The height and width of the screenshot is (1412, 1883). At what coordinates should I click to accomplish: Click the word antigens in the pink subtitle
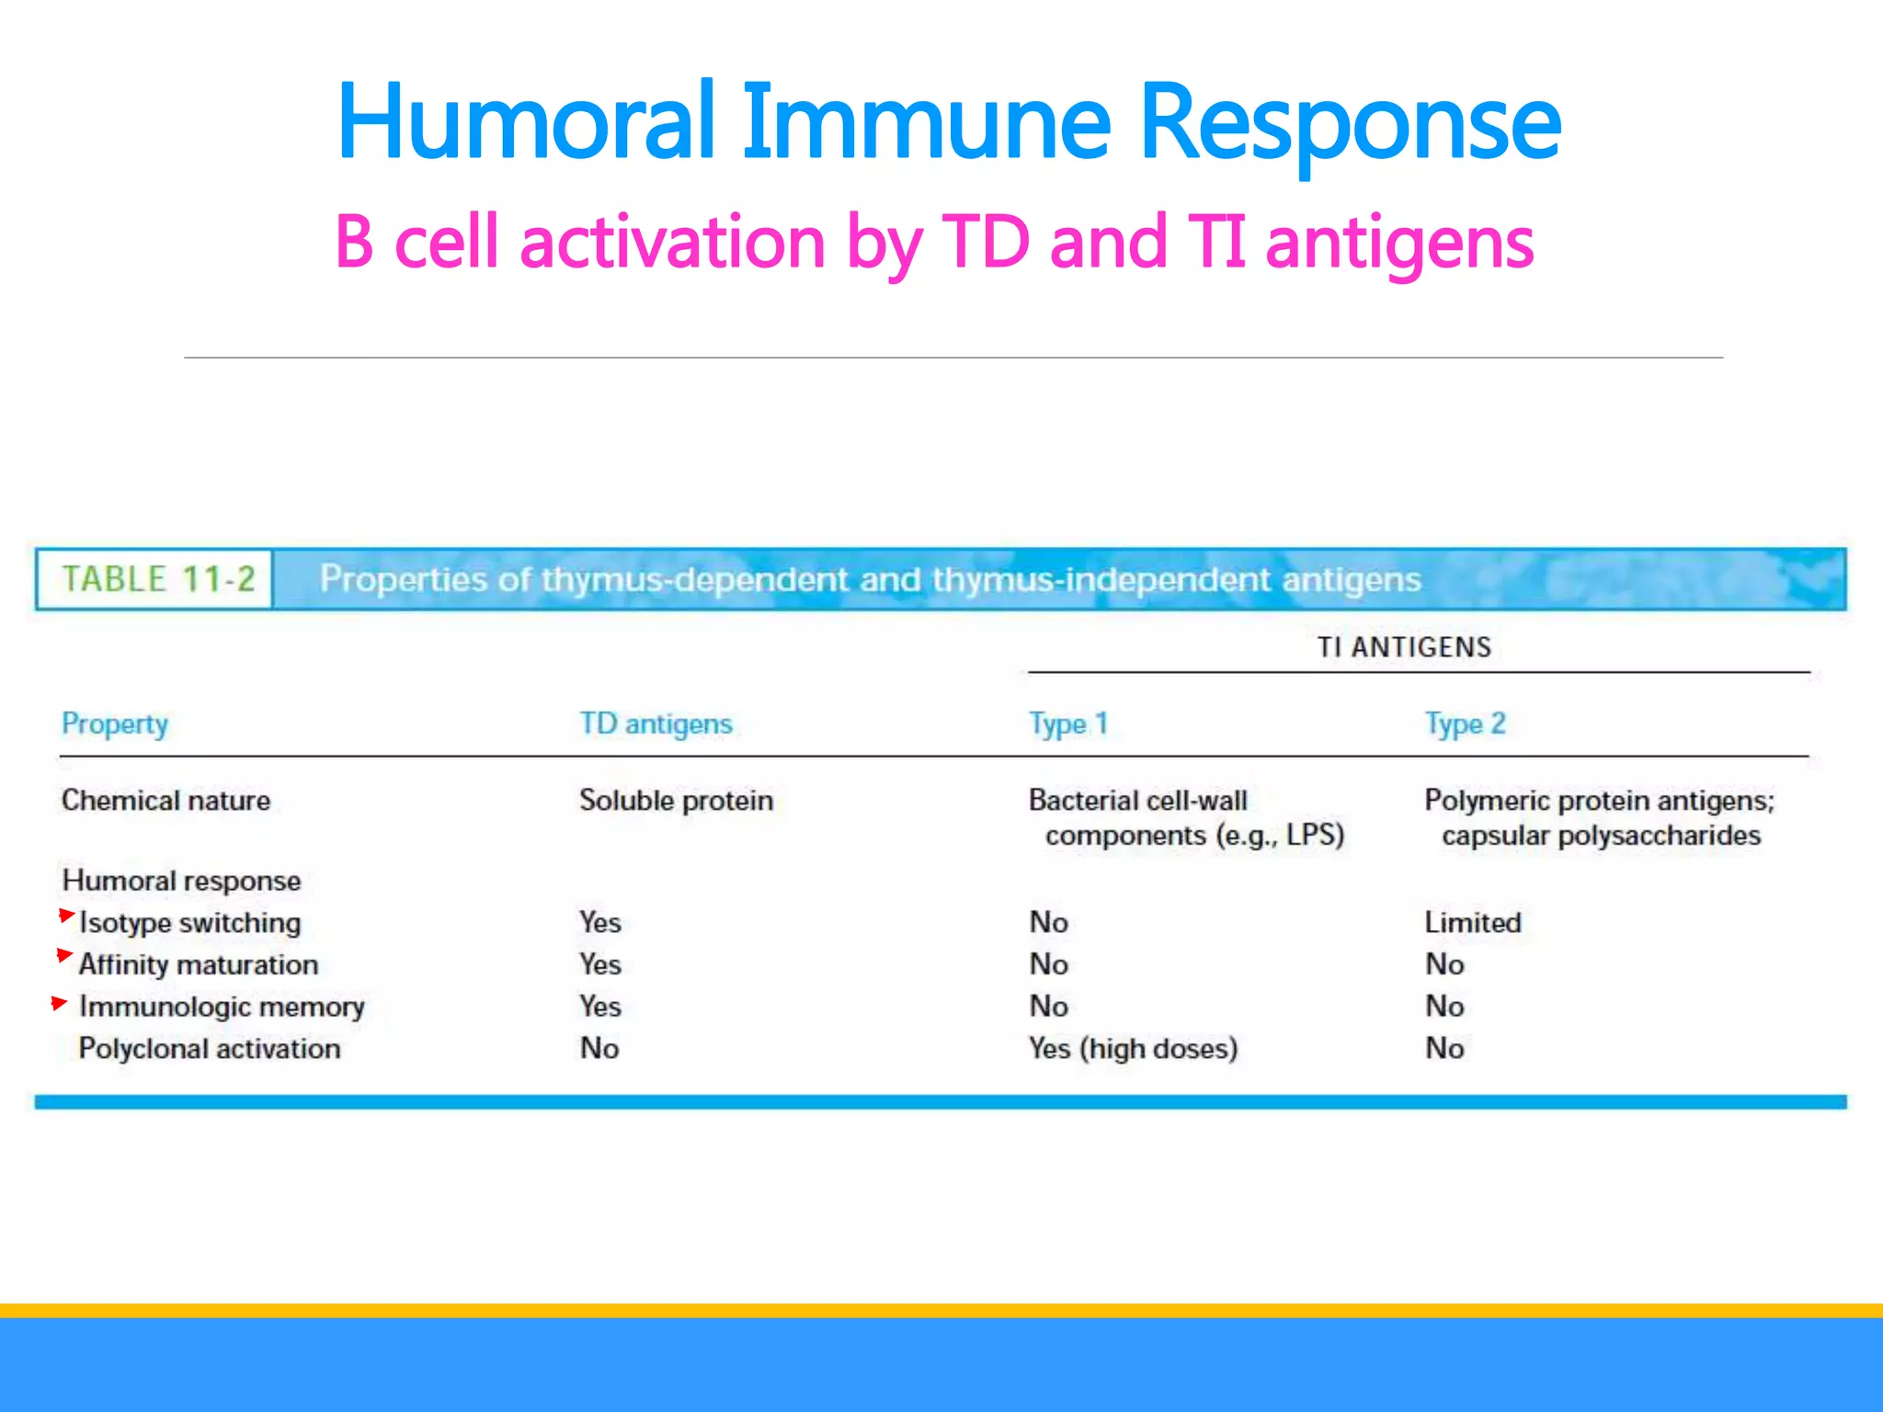(1398, 243)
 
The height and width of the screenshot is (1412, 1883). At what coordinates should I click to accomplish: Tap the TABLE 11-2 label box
(156, 579)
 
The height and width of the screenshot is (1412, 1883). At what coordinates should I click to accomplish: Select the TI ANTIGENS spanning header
(1404, 647)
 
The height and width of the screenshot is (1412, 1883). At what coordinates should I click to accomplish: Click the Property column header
(115, 724)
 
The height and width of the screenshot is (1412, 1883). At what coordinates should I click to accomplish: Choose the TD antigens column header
(656, 724)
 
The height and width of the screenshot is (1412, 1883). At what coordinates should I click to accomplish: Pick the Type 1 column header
(1068, 724)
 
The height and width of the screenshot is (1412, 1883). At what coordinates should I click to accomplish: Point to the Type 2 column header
(1465, 724)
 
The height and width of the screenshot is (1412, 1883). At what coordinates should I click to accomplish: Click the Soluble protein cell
(676, 801)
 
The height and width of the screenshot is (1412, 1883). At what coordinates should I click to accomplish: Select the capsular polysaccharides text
(1601, 836)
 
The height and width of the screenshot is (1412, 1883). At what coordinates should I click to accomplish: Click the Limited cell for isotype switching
(1473, 922)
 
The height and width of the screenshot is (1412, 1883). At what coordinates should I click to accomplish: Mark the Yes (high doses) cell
(1133, 1049)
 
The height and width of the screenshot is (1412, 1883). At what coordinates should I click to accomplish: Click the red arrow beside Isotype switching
(66, 915)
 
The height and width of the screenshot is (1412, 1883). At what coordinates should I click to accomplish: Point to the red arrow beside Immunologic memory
(60, 1002)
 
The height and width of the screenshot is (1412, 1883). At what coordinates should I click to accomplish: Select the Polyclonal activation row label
(210, 1049)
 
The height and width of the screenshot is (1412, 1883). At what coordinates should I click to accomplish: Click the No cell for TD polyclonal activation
(599, 1049)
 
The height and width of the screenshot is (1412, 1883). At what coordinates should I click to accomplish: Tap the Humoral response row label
(181, 881)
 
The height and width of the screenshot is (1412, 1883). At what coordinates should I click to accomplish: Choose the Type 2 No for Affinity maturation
(1444, 964)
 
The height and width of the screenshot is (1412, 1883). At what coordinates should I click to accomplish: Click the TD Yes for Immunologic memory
(600, 1007)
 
